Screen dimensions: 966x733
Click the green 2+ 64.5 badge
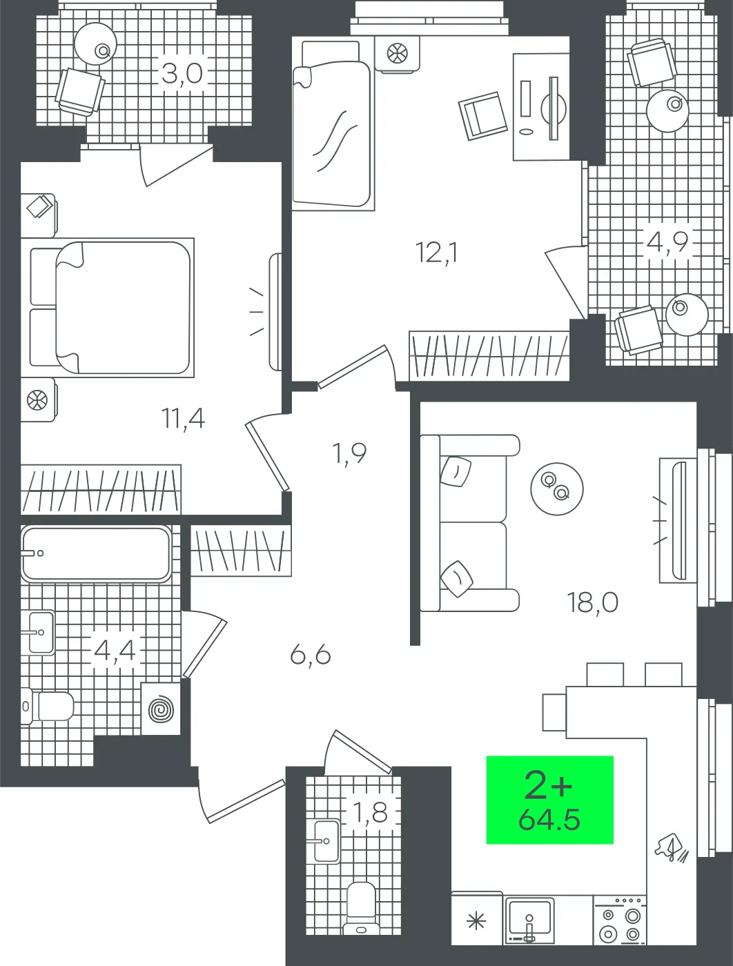tap(549, 800)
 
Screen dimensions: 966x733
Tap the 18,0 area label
tap(592, 602)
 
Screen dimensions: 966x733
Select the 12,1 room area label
tap(437, 253)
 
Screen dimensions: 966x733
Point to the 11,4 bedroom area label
tap(183, 417)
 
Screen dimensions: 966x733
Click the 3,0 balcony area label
tap(182, 72)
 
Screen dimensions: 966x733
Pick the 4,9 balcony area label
tap(667, 243)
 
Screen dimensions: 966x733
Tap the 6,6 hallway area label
tap(311, 653)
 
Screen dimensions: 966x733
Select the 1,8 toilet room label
tap(370, 814)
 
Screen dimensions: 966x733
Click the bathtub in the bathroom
tap(95, 553)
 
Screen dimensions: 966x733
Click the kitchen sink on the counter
tap(529, 918)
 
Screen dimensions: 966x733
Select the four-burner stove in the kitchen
tap(619, 920)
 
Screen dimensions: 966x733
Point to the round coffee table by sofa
tap(556, 489)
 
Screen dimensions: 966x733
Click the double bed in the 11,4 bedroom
tap(110, 307)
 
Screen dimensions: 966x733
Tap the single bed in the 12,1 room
tap(331, 124)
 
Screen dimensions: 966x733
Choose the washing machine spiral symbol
tap(161, 709)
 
